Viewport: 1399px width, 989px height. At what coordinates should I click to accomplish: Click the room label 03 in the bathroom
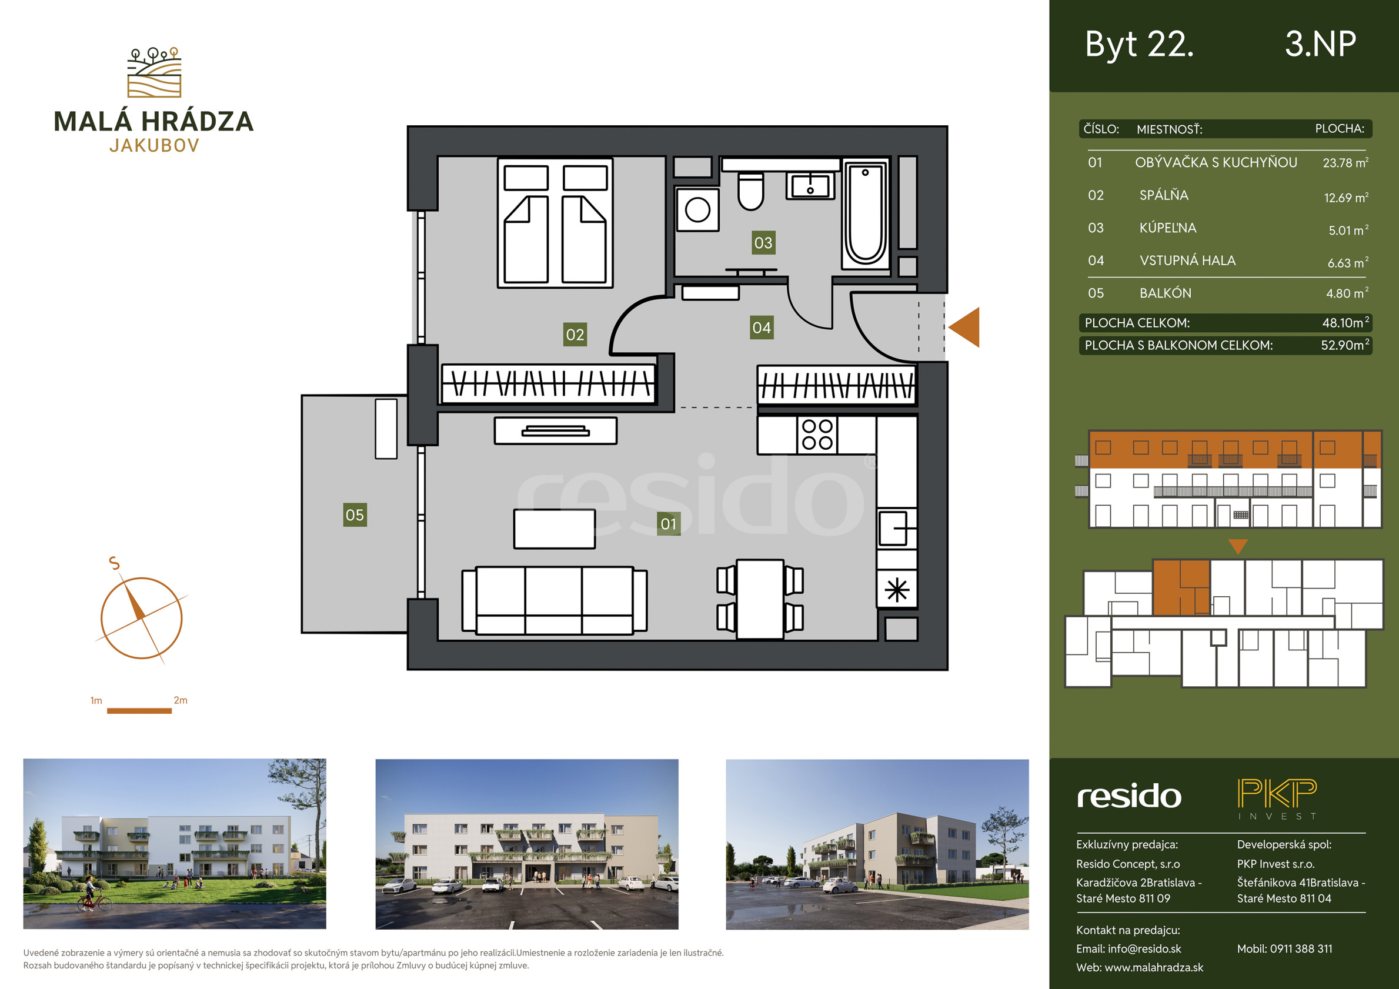[x=763, y=242]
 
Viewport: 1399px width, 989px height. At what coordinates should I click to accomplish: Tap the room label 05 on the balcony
[x=355, y=515]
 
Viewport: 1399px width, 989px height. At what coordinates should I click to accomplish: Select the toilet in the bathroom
[x=751, y=190]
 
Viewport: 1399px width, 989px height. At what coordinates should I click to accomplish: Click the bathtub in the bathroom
[x=865, y=215]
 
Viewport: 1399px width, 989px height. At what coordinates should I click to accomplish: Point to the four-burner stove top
[x=817, y=435]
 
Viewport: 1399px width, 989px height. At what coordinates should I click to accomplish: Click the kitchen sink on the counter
[x=897, y=529]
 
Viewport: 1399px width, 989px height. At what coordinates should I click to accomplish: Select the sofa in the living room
[x=555, y=600]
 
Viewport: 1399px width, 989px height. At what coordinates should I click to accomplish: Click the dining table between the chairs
[x=760, y=599]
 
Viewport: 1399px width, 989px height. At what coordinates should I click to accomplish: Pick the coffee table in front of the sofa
[x=555, y=529]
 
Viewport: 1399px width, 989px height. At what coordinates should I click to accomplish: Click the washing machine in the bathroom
[x=697, y=210]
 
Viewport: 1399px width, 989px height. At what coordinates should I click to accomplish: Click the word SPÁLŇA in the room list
[x=1164, y=195]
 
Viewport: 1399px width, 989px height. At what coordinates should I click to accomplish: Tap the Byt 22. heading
[x=1140, y=45]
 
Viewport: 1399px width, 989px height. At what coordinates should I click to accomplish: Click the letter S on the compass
[x=115, y=563]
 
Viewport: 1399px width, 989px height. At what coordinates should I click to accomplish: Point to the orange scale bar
[x=139, y=710]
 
